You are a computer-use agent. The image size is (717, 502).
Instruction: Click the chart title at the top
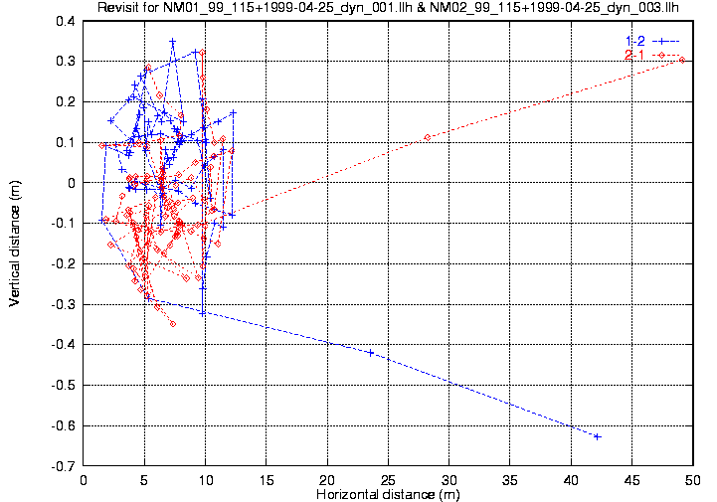[x=394, y=9]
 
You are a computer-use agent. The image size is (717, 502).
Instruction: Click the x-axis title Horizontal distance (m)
[x=388, y=494]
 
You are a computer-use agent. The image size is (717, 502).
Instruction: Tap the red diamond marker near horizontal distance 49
[x=681, y=60]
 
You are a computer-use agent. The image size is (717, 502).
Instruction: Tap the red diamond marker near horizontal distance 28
[x=428, y=137]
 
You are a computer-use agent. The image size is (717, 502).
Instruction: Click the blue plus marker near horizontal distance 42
[x=598, y=436]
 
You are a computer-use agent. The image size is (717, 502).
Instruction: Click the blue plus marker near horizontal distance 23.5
[x=371, y=353]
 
